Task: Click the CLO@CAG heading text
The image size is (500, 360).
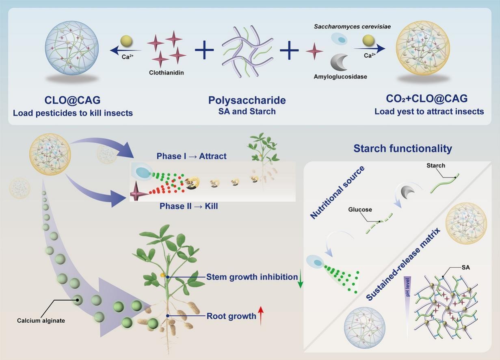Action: tap(73, 100)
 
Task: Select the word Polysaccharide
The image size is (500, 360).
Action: tap(247, 100)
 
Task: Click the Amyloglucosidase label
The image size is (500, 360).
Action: tap(340, 76)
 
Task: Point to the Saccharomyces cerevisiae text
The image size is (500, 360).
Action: tap(352, 26)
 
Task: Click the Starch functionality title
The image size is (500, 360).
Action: tap(403, 149)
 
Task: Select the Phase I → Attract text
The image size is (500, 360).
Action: tap(191, 156)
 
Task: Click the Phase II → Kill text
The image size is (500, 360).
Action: tap(188, 206)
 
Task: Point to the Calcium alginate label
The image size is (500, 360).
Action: tap(41, 321)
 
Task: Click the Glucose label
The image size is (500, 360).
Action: tap(360, 210)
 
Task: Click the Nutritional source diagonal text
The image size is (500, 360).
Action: tap(337, 192)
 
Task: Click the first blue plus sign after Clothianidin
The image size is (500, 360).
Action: tap(204, 50)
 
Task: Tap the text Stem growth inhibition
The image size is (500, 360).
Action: tap(252, 277)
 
